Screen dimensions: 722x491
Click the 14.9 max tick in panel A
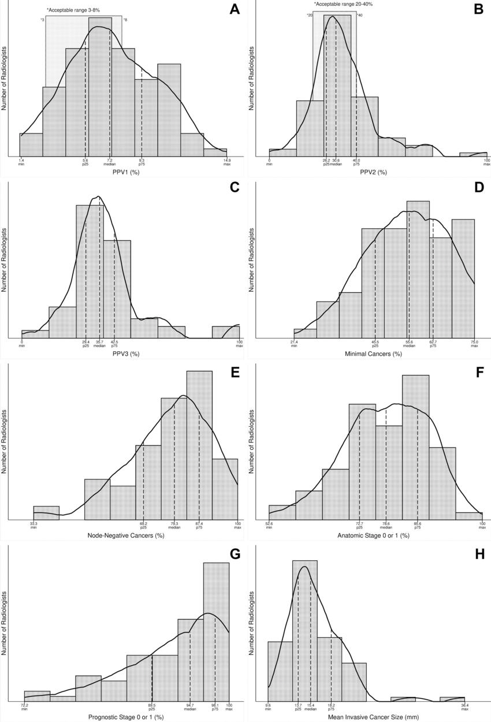pos(227,162)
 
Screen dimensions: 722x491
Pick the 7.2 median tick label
pos(110,162)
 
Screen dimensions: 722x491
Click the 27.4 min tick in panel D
pos(294,344)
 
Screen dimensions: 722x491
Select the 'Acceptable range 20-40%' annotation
pos(335,4)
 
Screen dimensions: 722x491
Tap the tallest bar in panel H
pos(305,630)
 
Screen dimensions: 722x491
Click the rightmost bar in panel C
pos(225,332)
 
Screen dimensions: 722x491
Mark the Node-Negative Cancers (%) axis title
pos(126,535)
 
